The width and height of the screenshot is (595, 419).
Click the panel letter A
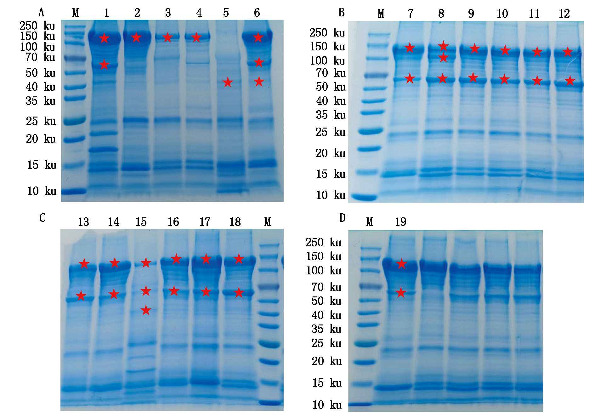pyautogui.click(x=41, y=13)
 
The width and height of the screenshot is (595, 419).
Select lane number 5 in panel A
pyautogui.click(x=226, y=13)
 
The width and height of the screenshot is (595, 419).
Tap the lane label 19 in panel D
pyautogui.click(x=400, y=222)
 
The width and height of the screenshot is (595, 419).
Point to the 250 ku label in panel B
pyautogui.click(x=327, y=33)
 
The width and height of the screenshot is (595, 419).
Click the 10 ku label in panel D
pyautogui.click(x=327, y=405)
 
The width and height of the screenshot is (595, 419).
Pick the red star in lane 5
pyautogui.click(x=228, y=83)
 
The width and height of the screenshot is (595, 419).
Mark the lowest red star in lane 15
pyautogui.click(x=146, y=310)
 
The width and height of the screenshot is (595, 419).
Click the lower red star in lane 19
pyautogui.click(x=401, y=293)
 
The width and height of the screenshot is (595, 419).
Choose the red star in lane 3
pyautogui.click(x=167, y=37)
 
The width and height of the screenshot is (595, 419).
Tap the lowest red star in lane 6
pyautogui.click(x=259, y=82)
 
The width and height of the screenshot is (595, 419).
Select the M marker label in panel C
pyautogui.click(x=268, y=222)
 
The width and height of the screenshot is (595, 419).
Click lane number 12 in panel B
pyautogui.click(x=564, y=14)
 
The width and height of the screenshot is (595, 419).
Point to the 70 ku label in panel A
pyautogui.click(x=40, y=57)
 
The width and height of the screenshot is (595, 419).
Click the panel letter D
pyautogui.click(x=343, y=218)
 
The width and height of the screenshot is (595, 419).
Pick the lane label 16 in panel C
pyautogui.click(x=173, y=222)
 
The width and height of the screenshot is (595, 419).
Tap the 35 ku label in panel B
pyautogui.click(x=331, y=115)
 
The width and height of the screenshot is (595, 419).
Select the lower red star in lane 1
pyautogui.click(x=104, y=65)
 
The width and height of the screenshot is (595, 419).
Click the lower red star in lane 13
pyautogui.click(x=81, y=296)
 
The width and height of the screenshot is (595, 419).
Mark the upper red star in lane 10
pyautogui.click(x=505, y=50)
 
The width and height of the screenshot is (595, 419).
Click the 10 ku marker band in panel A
pyautogui.click(x=74, y=191)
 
